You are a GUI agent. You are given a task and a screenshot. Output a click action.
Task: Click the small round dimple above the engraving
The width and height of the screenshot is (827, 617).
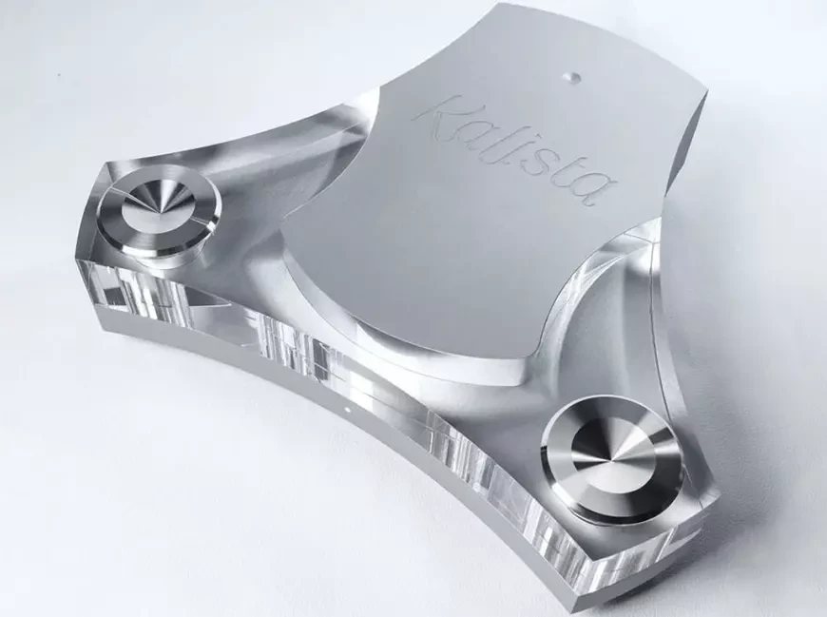click(570, 77)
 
